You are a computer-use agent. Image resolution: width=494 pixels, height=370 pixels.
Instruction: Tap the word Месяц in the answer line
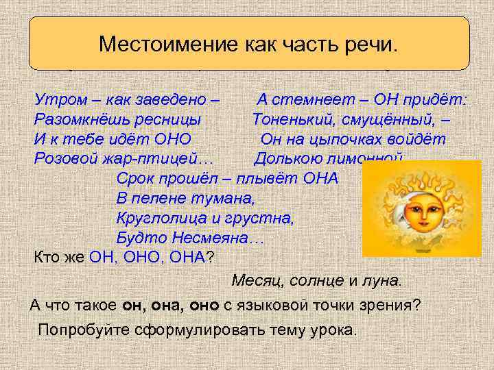point(254,281)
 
